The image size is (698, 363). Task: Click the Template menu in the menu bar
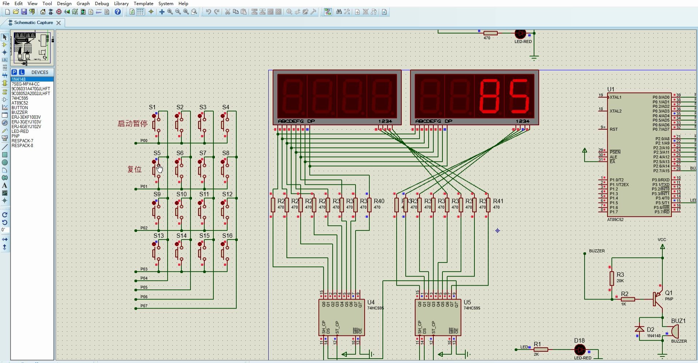click(143, 3)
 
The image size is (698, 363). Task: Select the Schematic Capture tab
click(33, 23)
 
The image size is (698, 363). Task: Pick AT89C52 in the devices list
click(20, 103)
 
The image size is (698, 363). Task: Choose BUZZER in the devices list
click(19, 113)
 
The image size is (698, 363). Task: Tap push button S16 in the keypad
click(225, 252)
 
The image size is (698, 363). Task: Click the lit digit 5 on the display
click(519, 96)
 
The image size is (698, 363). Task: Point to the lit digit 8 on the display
click(489, 96)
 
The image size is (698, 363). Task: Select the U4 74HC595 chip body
click(341, 317)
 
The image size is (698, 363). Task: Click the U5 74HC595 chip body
click(438, 317)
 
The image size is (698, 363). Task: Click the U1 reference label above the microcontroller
click(611, 89)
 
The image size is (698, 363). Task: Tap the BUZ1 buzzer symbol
click(674, 331)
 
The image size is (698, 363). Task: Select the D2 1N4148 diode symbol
click(639, 329)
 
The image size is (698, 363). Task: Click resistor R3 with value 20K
click(612, 278)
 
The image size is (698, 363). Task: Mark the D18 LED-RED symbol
click(579, 350)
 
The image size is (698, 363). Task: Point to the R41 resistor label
click(498, 201)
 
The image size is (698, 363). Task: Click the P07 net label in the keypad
click(144, 306)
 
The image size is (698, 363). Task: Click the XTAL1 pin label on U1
click(615, 97)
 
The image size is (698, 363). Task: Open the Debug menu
click(102, 3)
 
